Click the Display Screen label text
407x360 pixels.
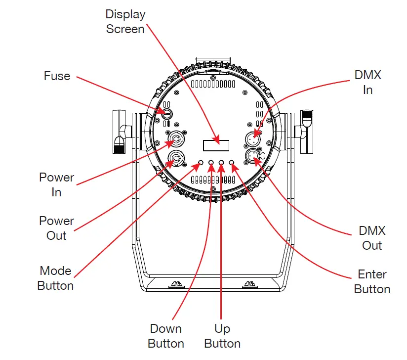click(x=125, y=22)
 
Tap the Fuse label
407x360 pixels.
click(x=57, y=76)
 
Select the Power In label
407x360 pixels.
click(x=56, y=184)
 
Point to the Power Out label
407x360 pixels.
click(x=56, y=228)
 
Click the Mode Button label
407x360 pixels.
click(x=55, y=278)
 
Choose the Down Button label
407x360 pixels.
click(x=166, y=336)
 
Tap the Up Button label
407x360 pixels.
click(x=222, y=336)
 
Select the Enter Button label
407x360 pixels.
click(x=372, y=282)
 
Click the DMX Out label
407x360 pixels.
click(x=372, y=238)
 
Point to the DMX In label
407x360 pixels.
click(x=368, y=83)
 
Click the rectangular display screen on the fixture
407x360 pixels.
click(x=216, y=145)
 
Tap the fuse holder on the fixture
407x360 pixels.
click(x=167, y=114)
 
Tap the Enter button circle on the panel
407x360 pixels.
click(x=232, y=162)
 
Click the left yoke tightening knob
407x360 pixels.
click(x=119, y=131)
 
